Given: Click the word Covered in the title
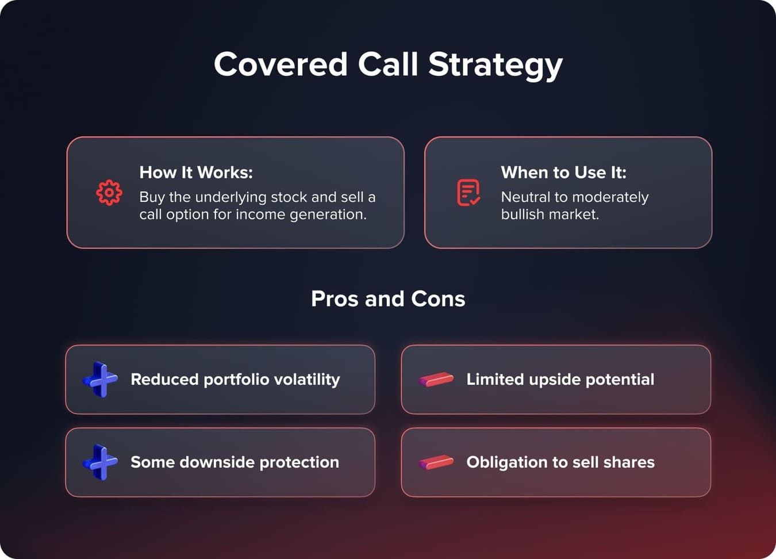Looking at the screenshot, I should click(281, 64).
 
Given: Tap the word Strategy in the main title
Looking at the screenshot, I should click(495, 65).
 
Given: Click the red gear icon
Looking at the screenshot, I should click(109, 193).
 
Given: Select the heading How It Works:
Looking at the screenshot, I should click(196, 173).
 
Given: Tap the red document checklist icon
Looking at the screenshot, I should click(468, 193).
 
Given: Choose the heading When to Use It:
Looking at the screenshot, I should click(563, 173).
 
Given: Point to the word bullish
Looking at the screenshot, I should click(522, 215).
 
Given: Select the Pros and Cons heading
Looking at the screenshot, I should click(388, 299).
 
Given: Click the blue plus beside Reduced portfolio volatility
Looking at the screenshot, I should click(101, 380).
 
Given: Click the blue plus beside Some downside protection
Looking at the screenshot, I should click(101, 462).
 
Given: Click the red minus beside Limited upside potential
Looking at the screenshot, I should click(436, 380).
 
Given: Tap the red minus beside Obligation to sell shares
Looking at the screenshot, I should click(436, 462).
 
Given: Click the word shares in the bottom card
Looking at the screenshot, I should click(632, 462).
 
